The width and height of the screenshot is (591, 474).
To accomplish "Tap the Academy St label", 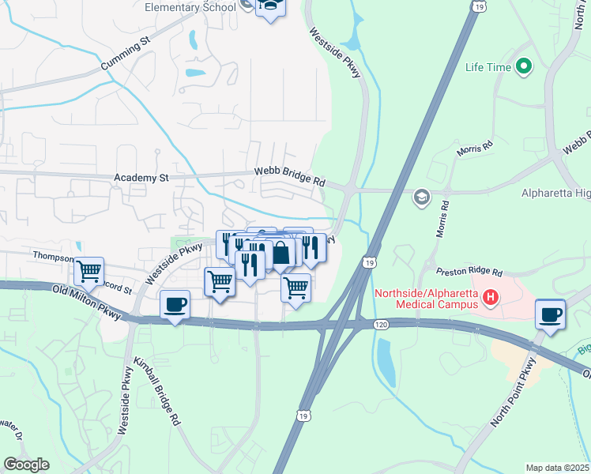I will point(142,179).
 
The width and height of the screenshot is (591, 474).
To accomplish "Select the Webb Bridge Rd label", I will point(290,176).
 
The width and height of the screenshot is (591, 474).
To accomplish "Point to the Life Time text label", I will point(488,67).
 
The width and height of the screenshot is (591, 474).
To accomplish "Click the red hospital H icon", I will point(491,298).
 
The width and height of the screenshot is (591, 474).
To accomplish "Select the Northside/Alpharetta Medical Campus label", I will point(426,298).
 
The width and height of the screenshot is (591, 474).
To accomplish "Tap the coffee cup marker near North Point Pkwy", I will point(550,314).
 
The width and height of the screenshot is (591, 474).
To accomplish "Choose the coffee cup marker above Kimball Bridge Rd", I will point(175,304).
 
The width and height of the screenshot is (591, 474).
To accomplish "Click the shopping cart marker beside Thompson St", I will point(90,271).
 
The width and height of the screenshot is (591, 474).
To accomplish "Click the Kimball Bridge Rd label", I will point(157,391).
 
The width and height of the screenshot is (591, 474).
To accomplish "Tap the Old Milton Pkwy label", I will point(87,303).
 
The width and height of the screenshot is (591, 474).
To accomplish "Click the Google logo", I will point(27,465).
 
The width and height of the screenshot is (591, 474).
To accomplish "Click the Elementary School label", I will point(190,7).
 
